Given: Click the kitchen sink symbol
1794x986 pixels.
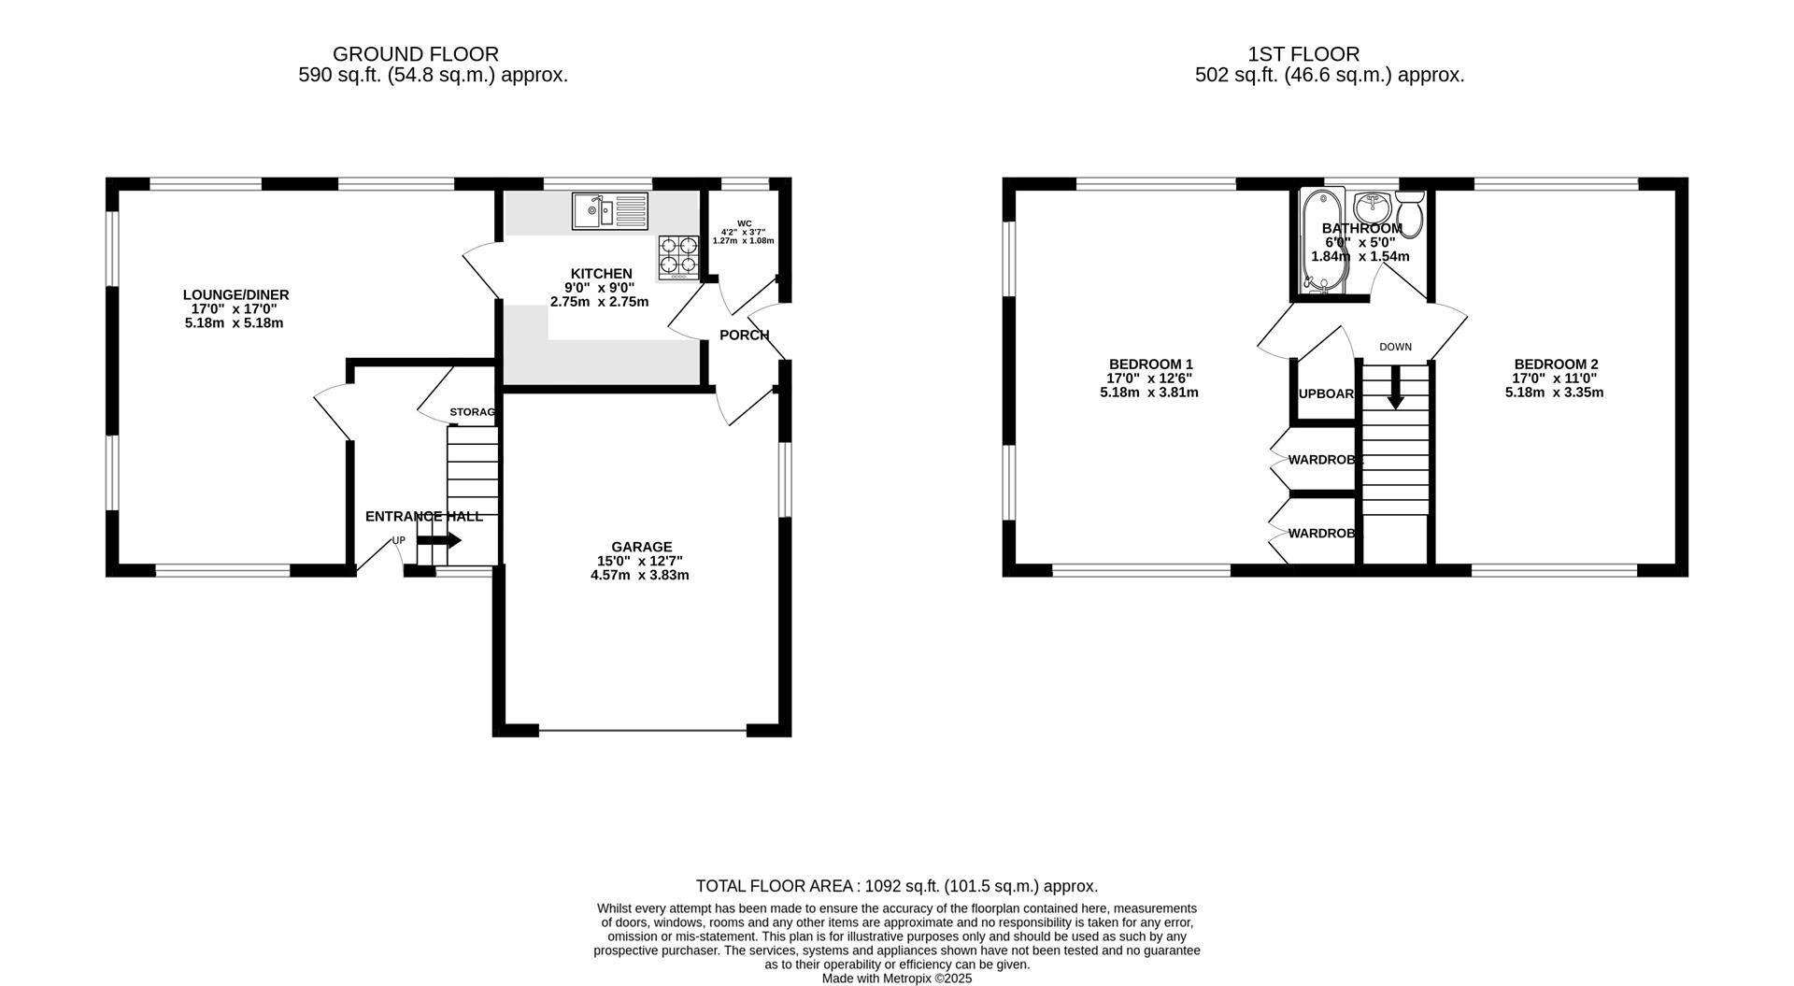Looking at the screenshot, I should coord(609,211).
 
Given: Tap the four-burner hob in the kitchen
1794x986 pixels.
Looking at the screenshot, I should coord(679,257).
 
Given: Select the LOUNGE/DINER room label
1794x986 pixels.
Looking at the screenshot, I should coord(235,295).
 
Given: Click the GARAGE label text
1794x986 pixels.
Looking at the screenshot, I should coord(641,547).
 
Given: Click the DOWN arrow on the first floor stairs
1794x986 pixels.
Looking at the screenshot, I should coord(1395,388).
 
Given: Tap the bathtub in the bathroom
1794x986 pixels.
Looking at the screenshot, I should coord(1323,241).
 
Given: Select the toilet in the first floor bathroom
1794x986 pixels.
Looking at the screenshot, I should coord(1410,214).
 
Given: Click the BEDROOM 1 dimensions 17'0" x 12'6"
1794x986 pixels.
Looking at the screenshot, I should coord(1149,379).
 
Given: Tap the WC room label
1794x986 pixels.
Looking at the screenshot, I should coord(744,223).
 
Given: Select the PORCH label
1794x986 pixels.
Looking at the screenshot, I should coord(744,335).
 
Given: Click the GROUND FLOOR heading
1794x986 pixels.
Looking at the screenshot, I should coord(416,54).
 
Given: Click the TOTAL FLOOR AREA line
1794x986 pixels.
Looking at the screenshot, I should coord(896,885).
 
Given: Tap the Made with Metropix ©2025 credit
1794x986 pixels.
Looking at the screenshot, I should coord(896,979).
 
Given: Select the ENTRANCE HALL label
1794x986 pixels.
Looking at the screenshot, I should coord(423,516).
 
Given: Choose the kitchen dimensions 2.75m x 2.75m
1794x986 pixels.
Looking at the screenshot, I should coord(599,302).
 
